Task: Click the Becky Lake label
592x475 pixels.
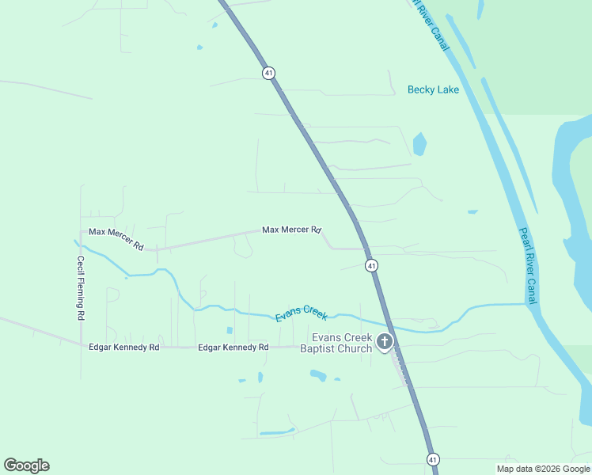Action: click(x=433, y=89)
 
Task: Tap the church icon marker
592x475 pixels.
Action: click(x=385, y=343)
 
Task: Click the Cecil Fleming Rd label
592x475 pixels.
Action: click(x=81, y=287)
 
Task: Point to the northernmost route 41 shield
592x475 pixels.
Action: click(x=269, y=73)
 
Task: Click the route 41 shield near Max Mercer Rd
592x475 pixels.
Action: click(x=371, y=266)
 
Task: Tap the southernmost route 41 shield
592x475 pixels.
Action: click(x=432, y=459)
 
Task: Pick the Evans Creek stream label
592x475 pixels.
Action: click(x=302, y=313)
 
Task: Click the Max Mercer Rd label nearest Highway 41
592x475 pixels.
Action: click(x=291, y=230)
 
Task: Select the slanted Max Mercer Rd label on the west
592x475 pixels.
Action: click(x=116, y=238)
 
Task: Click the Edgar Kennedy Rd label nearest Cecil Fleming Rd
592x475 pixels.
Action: click(x=124, y=347)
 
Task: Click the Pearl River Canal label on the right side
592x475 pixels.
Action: click(x=528, y=266)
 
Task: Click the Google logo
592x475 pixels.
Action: click(x=26, y=465)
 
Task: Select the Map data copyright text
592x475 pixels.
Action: click(x=543, y=469)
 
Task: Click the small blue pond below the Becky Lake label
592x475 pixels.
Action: click(x=419, y=143)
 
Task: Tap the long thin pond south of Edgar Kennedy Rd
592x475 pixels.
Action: click(x=277, y=431)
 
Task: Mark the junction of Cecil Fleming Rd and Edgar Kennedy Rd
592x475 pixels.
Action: click(x=81, y=344)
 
